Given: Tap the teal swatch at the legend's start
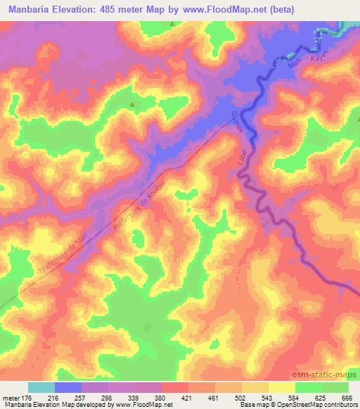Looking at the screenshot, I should [41, 387].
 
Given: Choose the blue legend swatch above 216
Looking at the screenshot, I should [68, 387].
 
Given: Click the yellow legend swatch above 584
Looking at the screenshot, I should [282, 387].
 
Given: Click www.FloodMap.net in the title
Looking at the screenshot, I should [224, 9].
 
